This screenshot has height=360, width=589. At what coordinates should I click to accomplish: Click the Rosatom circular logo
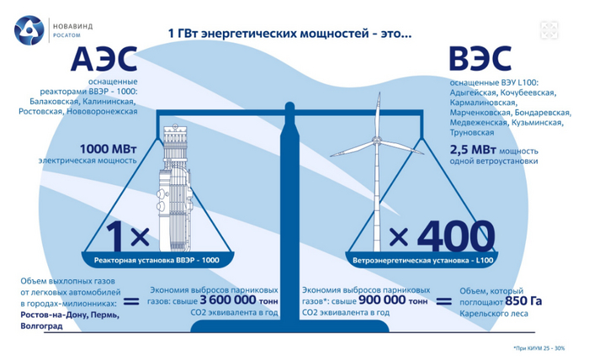point(29,31)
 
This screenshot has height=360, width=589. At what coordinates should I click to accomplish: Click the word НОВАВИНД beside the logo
point(72,27)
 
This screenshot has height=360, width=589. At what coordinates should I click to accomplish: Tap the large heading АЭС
point(104,59)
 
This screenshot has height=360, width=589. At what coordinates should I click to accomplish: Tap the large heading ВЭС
point(480,59)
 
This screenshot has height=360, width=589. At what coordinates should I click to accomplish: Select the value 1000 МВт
point(109,149)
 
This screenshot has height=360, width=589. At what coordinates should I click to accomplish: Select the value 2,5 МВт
point(473,150)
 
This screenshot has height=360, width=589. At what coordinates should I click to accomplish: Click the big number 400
point(456,236)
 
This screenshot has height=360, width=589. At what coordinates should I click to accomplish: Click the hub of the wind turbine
point(375,141)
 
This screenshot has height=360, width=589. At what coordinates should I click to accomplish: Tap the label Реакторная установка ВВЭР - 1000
point(157,260)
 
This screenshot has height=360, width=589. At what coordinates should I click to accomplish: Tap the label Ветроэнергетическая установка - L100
point(422,261)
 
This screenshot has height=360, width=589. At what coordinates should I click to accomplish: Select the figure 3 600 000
point(228,300)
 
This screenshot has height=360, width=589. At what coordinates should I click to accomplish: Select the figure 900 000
point(382,300)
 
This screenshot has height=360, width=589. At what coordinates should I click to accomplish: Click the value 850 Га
point(523,301)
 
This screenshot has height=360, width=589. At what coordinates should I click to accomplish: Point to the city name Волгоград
point(42,326)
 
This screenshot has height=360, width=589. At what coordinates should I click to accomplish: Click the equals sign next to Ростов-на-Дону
point(131,301)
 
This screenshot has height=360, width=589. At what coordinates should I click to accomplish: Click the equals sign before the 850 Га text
point(443,301)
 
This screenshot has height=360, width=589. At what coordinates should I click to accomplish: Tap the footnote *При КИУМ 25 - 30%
point(539,348)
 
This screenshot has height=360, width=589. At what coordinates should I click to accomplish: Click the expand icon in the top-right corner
point(549,30)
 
